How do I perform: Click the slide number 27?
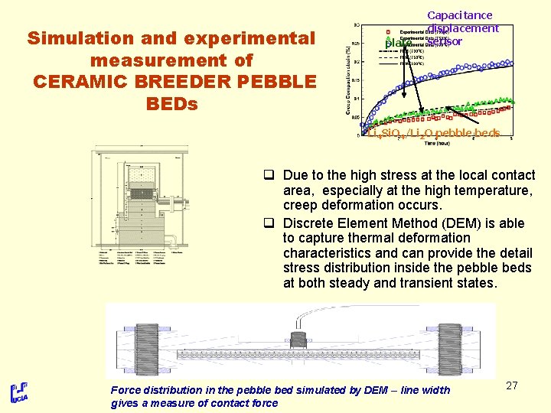[512, 385]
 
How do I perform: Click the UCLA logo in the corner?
[19, 393]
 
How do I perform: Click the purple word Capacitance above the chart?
[459, 15]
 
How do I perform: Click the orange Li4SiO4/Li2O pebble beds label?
[433, 133]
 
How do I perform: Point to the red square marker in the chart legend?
[388, 31]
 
